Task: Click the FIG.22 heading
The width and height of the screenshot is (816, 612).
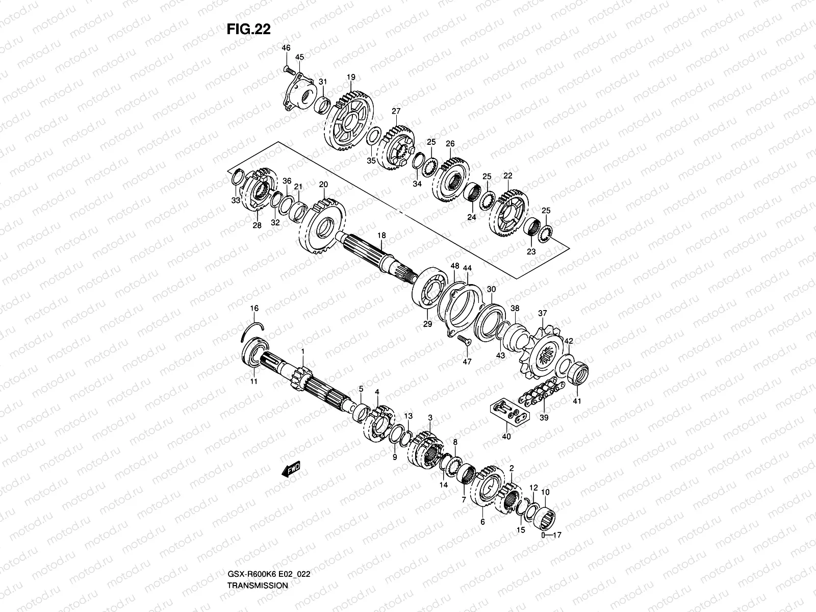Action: tap(248, 30)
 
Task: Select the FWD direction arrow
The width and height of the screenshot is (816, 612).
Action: tap(291, 469)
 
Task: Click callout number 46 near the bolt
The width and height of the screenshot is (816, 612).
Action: tap(286, 47)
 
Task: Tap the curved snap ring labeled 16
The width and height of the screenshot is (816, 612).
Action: tap(252, 331)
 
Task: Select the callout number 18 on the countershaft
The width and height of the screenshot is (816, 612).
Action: tap(381, 235)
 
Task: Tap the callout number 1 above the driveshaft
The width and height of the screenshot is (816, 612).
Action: tap(302, 351)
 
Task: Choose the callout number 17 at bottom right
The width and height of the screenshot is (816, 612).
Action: tap(556, 536)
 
